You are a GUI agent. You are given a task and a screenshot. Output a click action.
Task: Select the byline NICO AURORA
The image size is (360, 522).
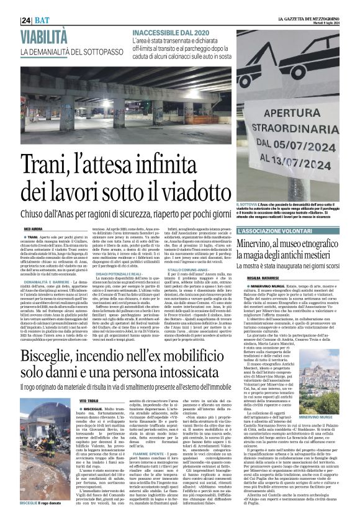[x=34, y=229]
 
